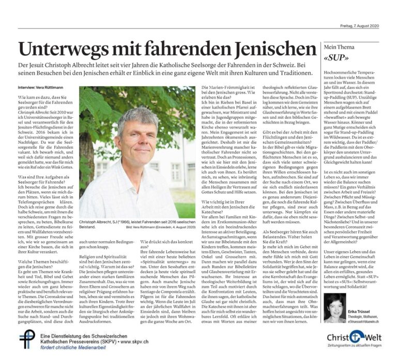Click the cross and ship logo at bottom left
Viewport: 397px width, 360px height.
pyautogui.click(x=25, y=339)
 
